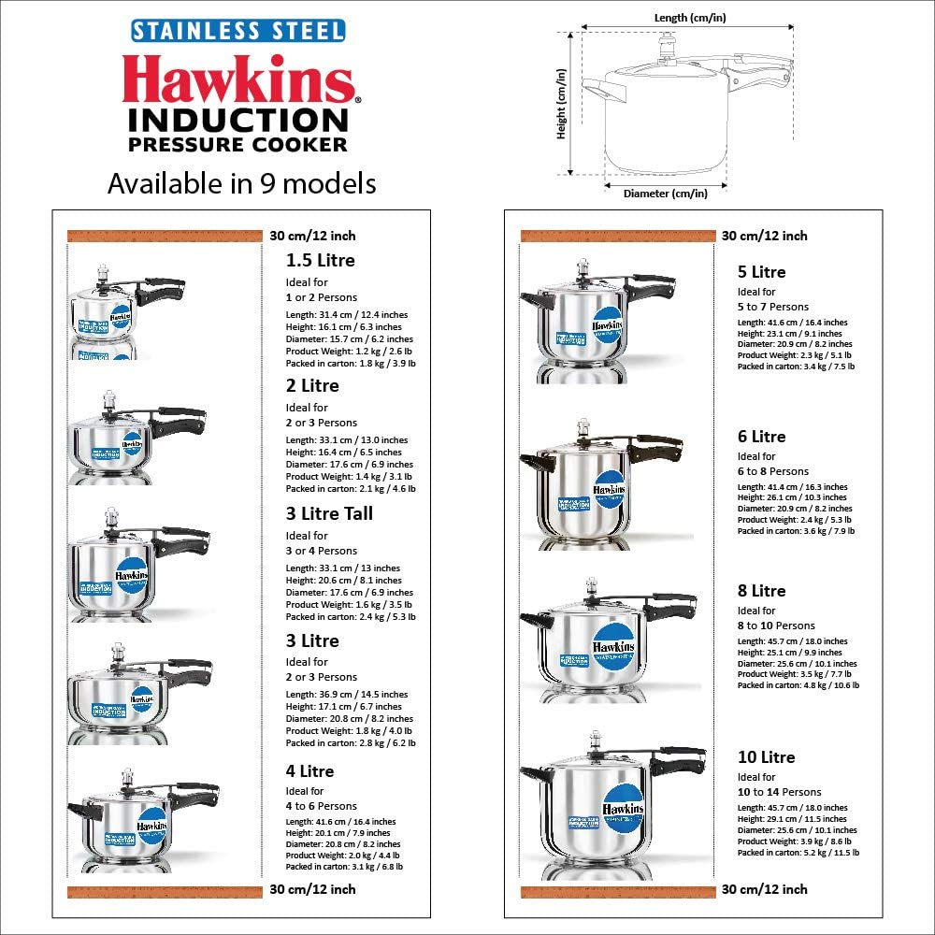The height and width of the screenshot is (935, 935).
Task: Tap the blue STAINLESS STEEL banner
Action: coord(238,31)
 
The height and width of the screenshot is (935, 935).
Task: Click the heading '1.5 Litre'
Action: coord(320,260)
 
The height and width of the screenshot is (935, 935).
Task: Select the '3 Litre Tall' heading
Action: coord(329,513)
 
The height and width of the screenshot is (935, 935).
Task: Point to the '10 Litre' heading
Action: coord(766,757)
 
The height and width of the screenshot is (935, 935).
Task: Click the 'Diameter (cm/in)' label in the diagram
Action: coord(665,194)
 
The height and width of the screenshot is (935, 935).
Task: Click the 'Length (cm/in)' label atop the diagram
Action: coord(690,17)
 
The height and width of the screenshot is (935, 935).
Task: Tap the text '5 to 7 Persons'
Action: coord(773,307)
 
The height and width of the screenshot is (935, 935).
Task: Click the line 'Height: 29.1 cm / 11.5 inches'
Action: coord(792,819)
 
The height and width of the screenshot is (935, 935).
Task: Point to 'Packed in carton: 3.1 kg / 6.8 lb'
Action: coord(344,867)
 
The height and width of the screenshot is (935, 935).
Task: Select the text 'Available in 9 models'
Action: coord(241,183)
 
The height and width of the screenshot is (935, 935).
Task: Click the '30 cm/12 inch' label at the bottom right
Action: coord(764,889)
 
